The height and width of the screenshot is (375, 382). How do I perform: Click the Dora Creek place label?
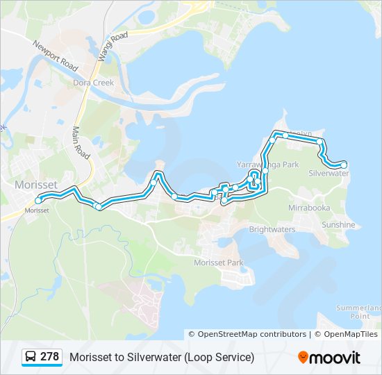pos(89,83)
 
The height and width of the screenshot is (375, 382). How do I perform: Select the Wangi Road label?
pos(113,47)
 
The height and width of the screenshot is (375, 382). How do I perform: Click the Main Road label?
pos(81,140)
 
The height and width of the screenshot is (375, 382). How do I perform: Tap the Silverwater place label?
pos(329,173)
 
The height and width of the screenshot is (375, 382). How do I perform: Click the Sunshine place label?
pos(338,225)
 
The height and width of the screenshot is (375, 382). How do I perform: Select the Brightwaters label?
pos(272,229)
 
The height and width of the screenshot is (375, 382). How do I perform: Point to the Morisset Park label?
pos(219,262)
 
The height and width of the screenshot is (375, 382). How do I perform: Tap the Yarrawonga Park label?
pos(267,165)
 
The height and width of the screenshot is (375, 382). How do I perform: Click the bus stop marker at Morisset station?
pos(38,201)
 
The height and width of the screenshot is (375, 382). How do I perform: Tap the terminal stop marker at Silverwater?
pos(344,165)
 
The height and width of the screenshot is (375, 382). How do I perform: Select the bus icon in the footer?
pos(31,357)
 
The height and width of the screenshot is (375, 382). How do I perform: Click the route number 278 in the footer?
pos(49,357)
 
